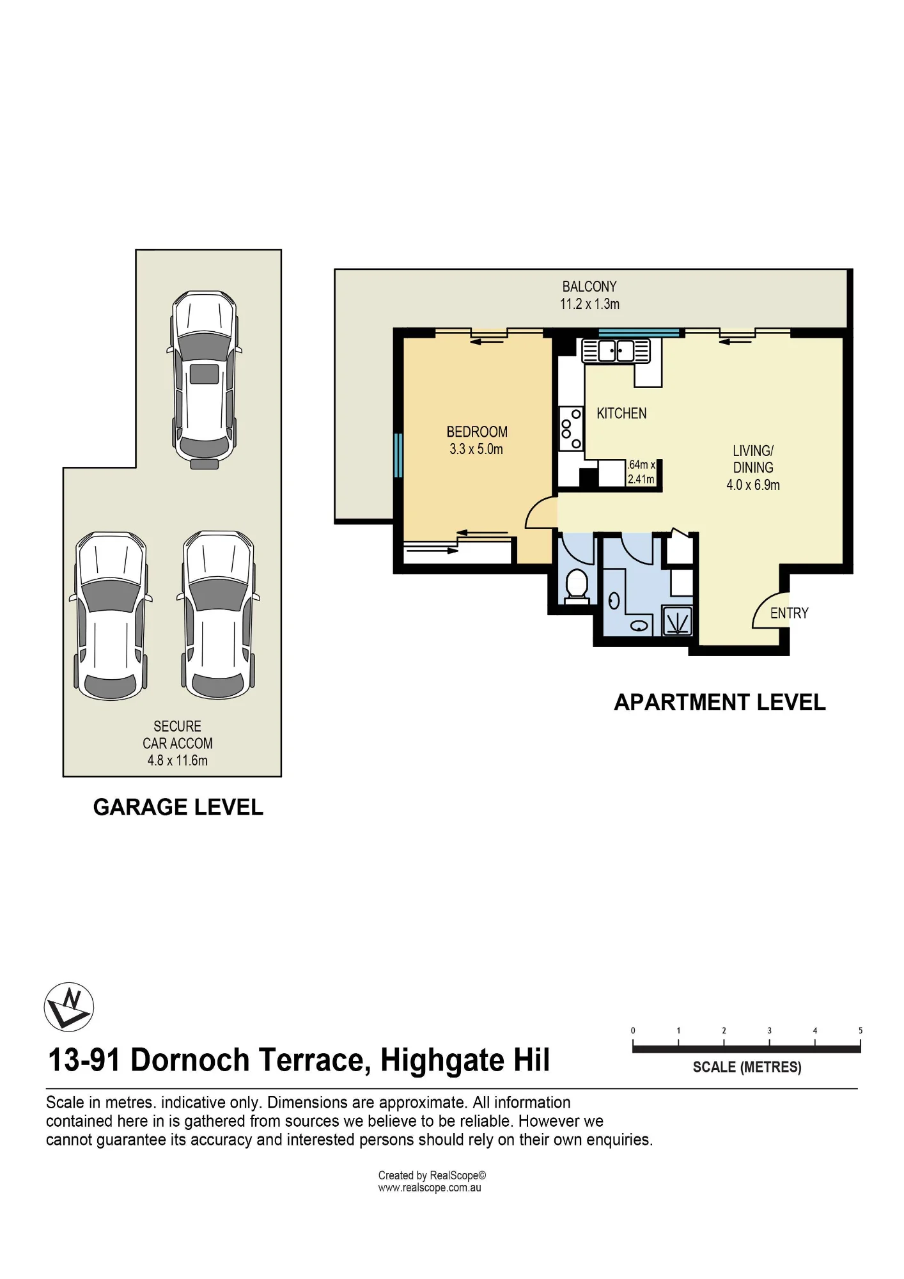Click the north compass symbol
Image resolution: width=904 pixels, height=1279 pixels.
coord(69,1007)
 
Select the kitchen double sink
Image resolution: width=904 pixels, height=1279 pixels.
coord(616,351)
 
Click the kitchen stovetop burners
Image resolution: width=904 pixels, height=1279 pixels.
coord(571,429)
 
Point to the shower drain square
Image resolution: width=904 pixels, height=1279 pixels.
coord(677,622)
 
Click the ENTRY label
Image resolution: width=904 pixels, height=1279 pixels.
coord(789,613)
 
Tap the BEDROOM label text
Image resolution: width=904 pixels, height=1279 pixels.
coord(477,432)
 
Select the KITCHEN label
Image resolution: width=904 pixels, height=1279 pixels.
coord(621,414)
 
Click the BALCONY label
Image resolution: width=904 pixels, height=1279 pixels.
coord(589,286)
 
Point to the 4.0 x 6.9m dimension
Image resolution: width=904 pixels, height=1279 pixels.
coord(753,485)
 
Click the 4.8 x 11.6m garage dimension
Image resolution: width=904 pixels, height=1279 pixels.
coord(178,760)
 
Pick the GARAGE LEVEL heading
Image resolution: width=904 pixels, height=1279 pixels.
coord(178,807)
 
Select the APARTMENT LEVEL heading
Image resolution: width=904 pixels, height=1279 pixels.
coord(720,702)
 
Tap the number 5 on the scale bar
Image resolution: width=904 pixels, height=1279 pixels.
coord(861,1030)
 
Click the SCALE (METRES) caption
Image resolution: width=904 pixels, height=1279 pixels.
coord(747,1067)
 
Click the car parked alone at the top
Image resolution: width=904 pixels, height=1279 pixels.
coord(205,380)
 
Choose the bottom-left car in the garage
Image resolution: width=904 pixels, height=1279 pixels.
coord(111,615)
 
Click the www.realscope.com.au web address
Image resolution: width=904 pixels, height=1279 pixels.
coord(430,1188)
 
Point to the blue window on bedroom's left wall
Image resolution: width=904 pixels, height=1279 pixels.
coord(398,455)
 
